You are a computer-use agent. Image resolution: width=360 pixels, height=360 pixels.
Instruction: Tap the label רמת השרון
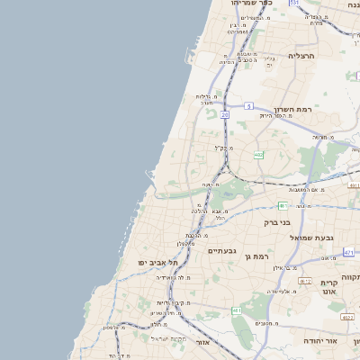click(x=293, y=109)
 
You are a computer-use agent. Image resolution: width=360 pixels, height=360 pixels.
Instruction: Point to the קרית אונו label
click(x=328, y=286)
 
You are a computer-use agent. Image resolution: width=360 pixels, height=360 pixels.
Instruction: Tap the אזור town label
click(x=202, y=342)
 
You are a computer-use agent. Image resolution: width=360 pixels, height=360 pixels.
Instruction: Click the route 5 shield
click(x=247, y=105)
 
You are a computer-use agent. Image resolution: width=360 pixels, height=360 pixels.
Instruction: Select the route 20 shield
click(x=224, y=115)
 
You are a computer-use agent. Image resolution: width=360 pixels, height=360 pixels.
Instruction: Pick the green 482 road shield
click(x=259, y=155)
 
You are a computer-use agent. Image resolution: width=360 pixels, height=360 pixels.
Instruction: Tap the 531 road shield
click(x=293, y=3)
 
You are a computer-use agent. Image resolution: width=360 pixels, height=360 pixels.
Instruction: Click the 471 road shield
click(x=347, y=253)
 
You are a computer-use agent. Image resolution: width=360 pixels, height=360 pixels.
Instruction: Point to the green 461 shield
click(x=237, y=310)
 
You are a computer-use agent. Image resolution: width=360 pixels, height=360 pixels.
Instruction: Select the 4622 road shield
click(x=347, y=317)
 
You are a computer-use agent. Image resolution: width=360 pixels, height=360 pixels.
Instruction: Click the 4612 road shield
click(x=305, y=281)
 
